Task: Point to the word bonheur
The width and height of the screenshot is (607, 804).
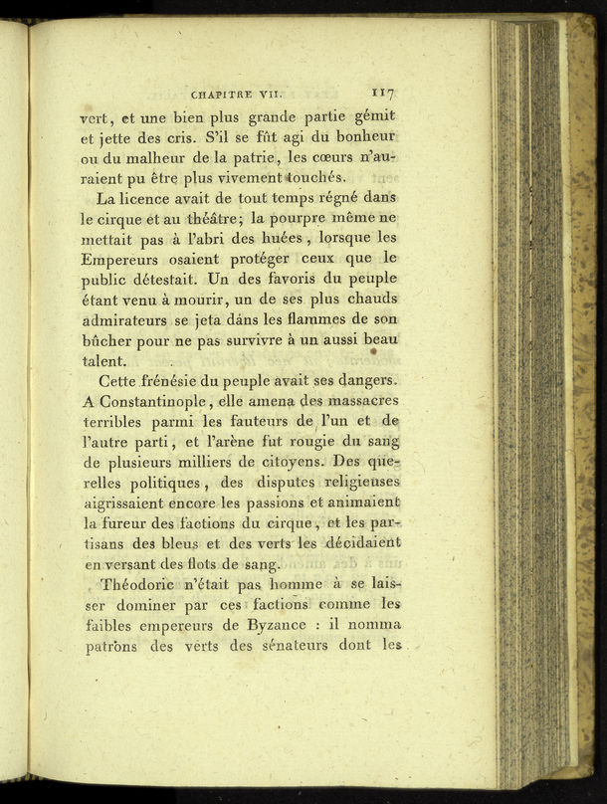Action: coord(365,134)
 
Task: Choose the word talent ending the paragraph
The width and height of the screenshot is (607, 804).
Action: coord(103,362)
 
